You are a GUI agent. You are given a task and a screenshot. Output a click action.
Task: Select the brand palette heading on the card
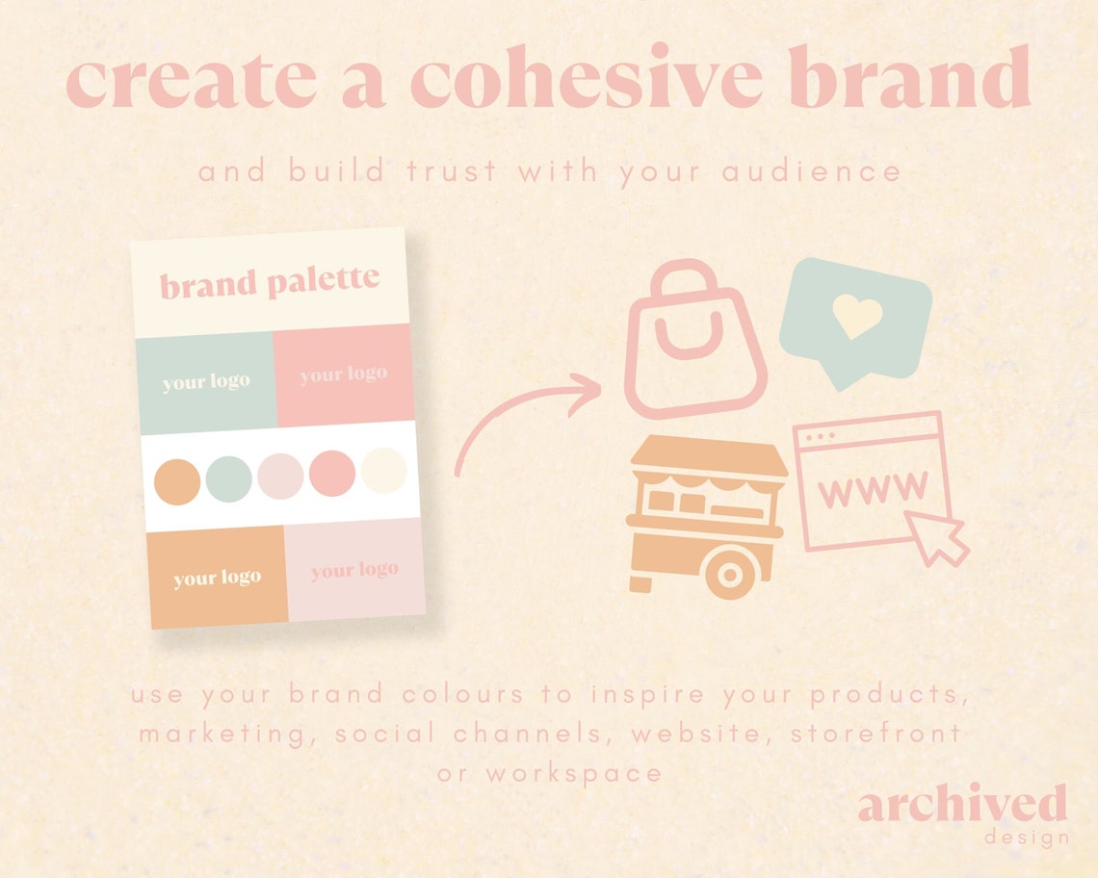point(270,282)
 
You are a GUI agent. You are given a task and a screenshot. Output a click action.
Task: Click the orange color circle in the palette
point(178,478)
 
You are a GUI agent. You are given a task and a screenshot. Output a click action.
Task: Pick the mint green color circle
point(229,477)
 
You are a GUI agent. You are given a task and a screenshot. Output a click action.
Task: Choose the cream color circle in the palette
point(384,471)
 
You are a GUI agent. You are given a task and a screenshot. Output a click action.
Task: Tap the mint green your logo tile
point(205,382)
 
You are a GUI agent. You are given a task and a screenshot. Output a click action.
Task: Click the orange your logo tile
point(217,578)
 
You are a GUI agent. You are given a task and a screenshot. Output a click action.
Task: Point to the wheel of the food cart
point(730,575)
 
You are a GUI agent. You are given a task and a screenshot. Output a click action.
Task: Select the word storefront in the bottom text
point(876,734)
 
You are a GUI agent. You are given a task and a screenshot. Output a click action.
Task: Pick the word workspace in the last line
point(574,772)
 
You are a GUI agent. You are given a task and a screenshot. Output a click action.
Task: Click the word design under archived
point(1027,837)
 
